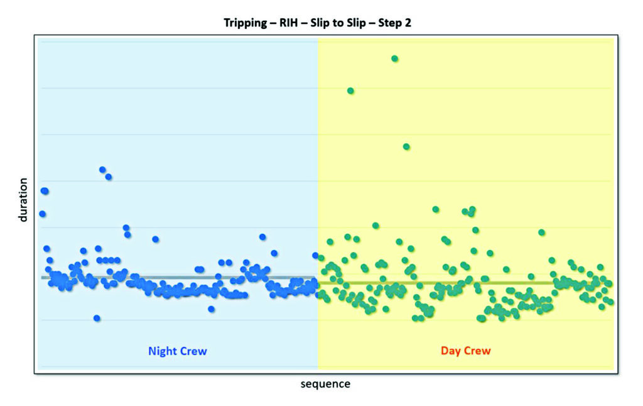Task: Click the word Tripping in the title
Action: pyautogui.click(x=245, y=23)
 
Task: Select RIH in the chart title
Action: pyautogui.click(x=289, y=23)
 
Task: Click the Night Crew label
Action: pyautogui.click(x=177, y=351)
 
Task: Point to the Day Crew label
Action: pyautogui.click(x=465, y=351)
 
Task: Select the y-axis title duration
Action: pyautogui.click(x=23, y=200)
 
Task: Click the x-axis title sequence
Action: pyautogui.click(x=325, y=384)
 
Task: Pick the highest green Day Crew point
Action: pyautogui.click(x=394, y=58)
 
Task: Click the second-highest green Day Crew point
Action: pyautogui.click(x=350, y=91)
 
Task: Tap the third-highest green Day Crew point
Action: pyautogui.click(x=406, y=146)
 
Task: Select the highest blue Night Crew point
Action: pyautogui.click(x=102, y=169)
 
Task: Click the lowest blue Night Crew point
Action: pyautogui.click(x=97, y=318)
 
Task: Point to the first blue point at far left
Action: pyautogui.click(x=42, y=214)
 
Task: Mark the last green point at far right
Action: pyautogui.click(x=610, y=302)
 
